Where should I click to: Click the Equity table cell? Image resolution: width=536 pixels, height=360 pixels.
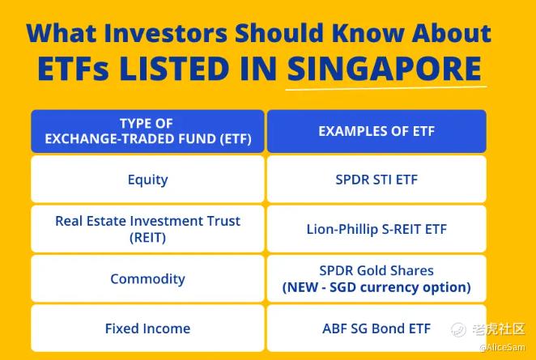click(147, 179)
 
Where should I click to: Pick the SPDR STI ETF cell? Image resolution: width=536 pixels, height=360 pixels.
click(376, 179)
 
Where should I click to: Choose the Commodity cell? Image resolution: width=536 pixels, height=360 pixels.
click(147, 279)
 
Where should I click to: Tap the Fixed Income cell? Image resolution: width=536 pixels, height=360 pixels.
click(147, 328)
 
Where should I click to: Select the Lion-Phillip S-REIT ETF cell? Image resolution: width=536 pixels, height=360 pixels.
click(376, 229)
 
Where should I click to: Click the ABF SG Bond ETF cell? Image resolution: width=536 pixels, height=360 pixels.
click(376, 328)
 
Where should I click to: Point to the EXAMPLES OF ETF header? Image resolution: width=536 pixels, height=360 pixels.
click(376, 131)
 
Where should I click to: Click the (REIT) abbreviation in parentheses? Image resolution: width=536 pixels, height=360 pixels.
click(147, 237)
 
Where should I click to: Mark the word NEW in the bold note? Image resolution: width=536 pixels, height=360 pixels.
click(304, 287)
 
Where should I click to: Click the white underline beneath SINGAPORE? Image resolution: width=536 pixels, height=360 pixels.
click(386, 88)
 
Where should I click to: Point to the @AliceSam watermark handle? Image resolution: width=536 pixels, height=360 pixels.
click(502, 347)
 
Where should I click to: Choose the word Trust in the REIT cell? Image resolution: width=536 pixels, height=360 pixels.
click(224, 221)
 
